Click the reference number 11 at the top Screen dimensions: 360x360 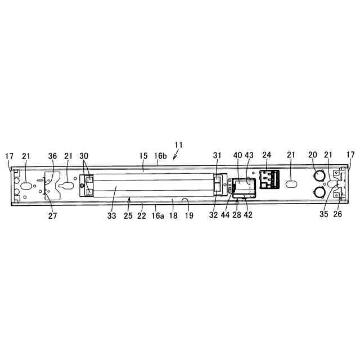(179, 145)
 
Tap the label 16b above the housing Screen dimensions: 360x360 (160, 156)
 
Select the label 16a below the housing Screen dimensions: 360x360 (158, 215)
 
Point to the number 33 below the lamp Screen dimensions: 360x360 (111, 216)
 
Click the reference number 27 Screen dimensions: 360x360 (52, 216)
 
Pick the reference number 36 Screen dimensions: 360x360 (52, 156)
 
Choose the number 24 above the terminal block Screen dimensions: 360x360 (267, 155)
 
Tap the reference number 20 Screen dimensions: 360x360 (313, 155)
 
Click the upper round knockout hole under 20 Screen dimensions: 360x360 (318, 176)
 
